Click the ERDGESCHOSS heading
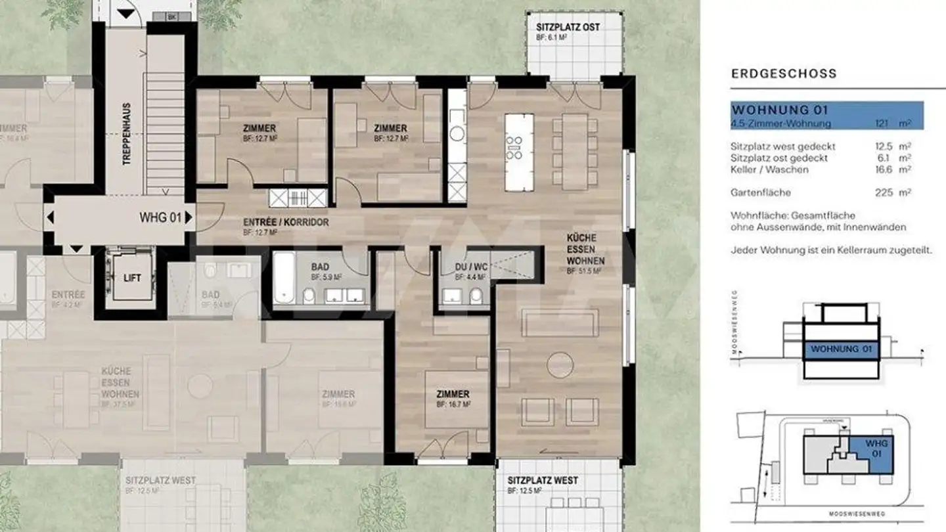784,74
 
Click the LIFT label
132,278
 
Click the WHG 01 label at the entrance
160,217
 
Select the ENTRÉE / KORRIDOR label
286,223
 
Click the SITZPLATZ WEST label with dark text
542,480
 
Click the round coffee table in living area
560,365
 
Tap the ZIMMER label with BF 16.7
453,394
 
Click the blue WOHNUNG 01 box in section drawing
841,349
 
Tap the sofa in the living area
560,323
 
